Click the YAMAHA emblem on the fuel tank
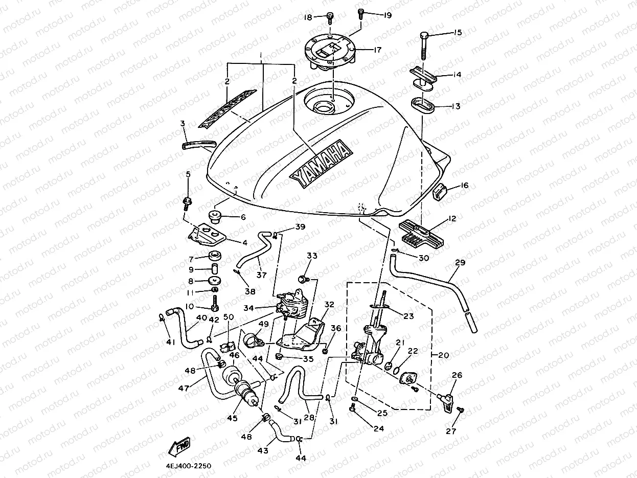coord(321,164)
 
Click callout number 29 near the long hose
coord(460,262)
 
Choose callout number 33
coord(312,256)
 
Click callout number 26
coord(457,376)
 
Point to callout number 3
coord(182,123)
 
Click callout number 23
coord(408,316)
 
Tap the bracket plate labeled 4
coord(207,235)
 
